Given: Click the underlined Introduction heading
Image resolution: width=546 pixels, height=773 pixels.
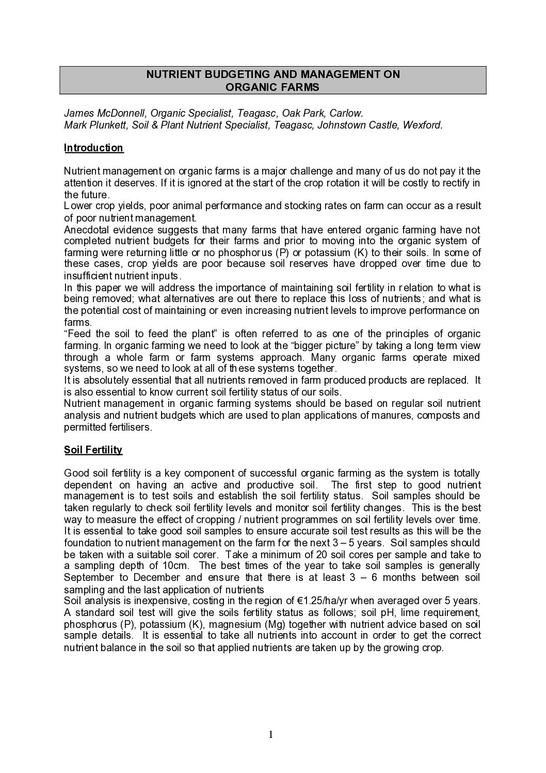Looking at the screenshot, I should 93,148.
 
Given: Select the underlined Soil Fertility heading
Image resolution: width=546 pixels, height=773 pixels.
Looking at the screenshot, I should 93,450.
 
